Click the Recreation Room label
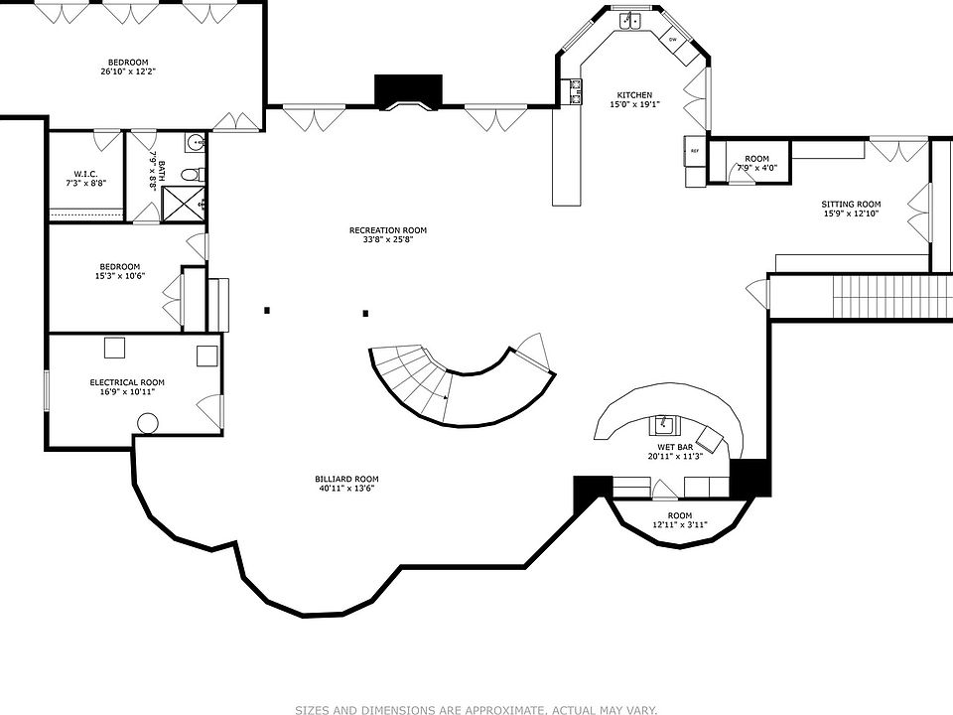pyautogui.click(x=388, y=230)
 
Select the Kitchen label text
pyautogui.click(x=634, y=95)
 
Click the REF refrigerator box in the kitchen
pyautogui.click(x=694, y=151)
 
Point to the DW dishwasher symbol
pyautogui.click(x=673, y=39)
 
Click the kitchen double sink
pyautogui.click(x=630, y=21)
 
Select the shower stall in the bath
pyautogui.click(x=183, y=203)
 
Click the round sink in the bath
pyautogui.click(x=196, y=143)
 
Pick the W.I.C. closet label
pyautogui.click(x=85, y=174)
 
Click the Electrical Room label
pyautogui.click(x=127, y=382)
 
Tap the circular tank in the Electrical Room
pyautogui.click(x=148, y=423)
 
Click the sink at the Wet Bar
pyautogui.click(x=665, y=425)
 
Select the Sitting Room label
pyautogui.click(x=851, y=205)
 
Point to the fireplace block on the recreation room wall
pyautogui.click(x=408, y=91)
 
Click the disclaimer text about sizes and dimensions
pyautogui.click(x=476, y=709)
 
